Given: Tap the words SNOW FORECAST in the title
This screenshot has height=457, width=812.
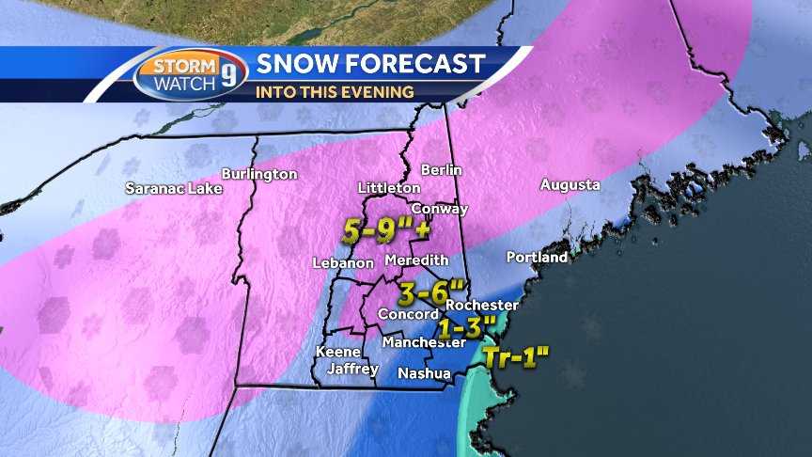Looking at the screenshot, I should point(370,64).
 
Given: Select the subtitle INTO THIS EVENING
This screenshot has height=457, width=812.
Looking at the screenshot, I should point(336,92).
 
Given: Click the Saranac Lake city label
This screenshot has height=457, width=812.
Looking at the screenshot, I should point(174,188).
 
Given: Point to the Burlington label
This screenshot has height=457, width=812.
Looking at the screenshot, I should point(259,174).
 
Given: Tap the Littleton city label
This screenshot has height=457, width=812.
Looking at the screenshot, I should point(389,188).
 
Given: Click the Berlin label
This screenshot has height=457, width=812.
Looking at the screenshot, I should point(442,170).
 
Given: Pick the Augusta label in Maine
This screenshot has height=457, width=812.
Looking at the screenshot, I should point(570,185).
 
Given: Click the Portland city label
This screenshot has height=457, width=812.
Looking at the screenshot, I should point(537,257).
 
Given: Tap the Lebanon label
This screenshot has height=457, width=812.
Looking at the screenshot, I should point(343,264).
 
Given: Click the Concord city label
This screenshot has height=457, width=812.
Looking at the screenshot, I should point(407,313).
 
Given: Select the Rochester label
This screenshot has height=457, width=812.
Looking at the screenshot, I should point(482,306).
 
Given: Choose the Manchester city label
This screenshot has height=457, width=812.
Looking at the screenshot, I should point(423,342).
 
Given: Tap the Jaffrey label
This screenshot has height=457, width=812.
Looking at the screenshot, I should point(352,369).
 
